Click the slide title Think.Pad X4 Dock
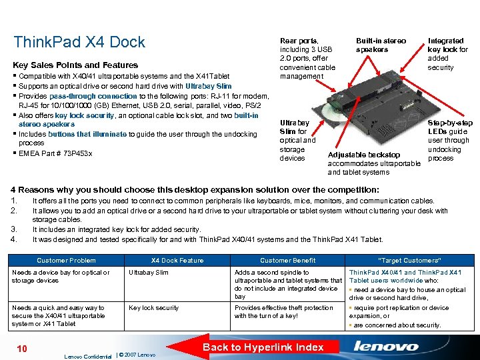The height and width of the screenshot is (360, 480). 79,42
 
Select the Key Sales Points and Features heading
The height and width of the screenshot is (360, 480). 75,65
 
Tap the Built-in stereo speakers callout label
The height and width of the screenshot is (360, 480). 381,45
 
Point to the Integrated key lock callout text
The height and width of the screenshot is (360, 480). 448,54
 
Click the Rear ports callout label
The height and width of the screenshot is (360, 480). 306,59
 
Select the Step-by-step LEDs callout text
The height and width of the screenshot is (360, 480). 450,141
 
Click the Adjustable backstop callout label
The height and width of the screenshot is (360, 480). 364,155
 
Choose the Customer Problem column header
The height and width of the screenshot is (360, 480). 66,260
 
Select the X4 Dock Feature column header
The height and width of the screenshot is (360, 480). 177,260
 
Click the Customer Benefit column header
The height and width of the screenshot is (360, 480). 287,260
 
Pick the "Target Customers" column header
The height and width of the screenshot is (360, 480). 409,260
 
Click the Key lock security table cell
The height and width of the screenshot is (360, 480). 153,308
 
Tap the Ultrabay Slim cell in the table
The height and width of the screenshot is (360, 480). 148,273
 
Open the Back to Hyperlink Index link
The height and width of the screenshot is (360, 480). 263,347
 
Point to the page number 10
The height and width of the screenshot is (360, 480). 21,349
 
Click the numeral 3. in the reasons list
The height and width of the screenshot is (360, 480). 16,229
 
